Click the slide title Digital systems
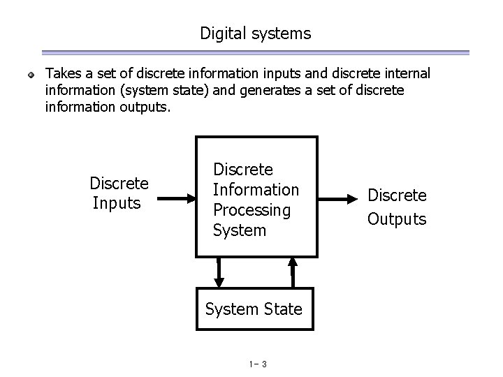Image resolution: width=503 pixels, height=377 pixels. pos(255,33)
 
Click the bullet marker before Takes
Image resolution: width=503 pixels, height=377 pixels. pos(31,74)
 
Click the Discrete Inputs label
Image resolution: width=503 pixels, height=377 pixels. pos(119,193)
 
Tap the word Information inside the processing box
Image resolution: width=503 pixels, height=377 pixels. pos(256,190)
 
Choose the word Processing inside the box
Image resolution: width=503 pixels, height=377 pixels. pos(251,209)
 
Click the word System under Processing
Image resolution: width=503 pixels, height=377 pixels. pos(240,230)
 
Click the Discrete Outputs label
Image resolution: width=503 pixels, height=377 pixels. pos(397,207)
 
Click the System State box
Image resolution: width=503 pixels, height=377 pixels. pos(254,308)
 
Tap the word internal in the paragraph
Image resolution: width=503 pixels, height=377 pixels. pos(407,73)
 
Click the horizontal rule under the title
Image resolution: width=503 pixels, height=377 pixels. pos(255,52)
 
